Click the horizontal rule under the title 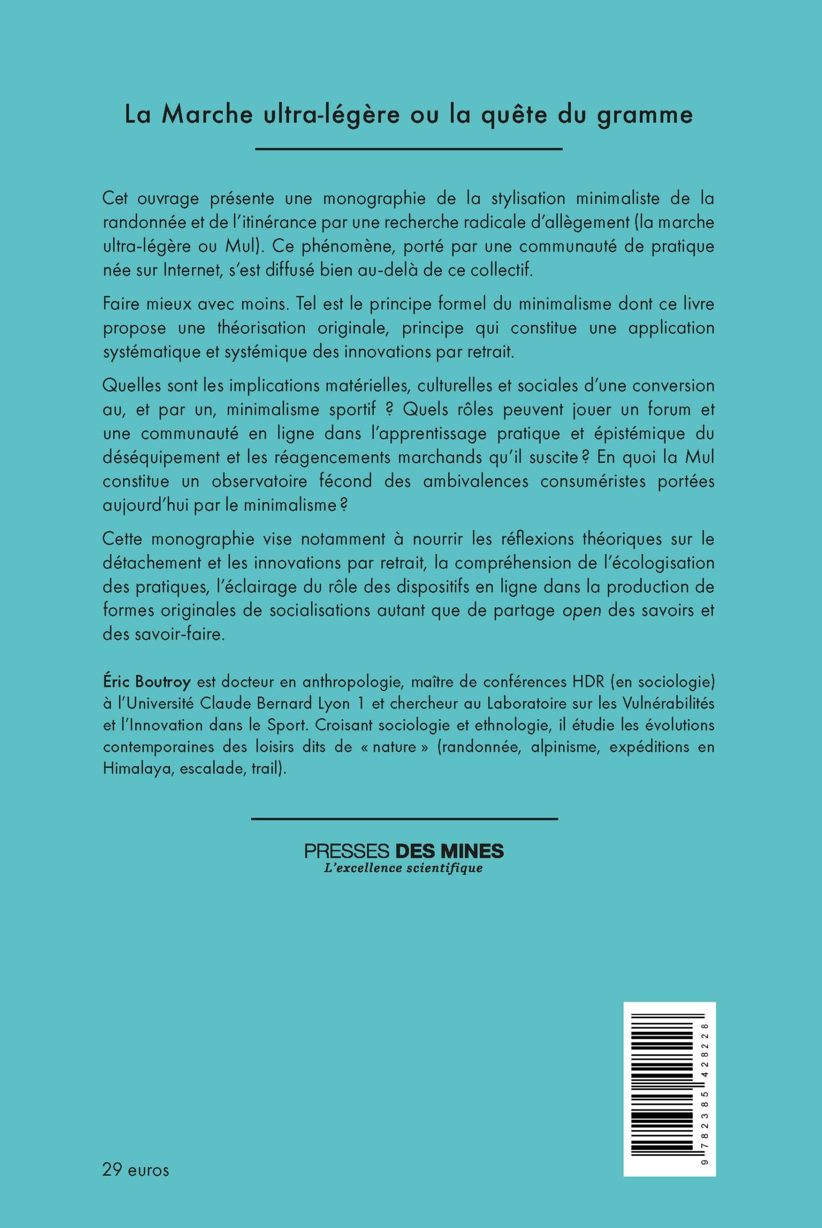[x=408, y=150]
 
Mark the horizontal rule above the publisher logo [x=404, y=818]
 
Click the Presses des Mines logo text [x=404, y=851]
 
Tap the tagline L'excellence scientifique [x=404, y=868]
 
